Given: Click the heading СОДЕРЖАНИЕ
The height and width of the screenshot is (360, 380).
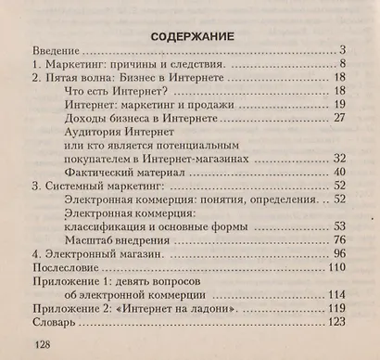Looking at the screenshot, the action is pyautogui.click(x=190, y=35).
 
